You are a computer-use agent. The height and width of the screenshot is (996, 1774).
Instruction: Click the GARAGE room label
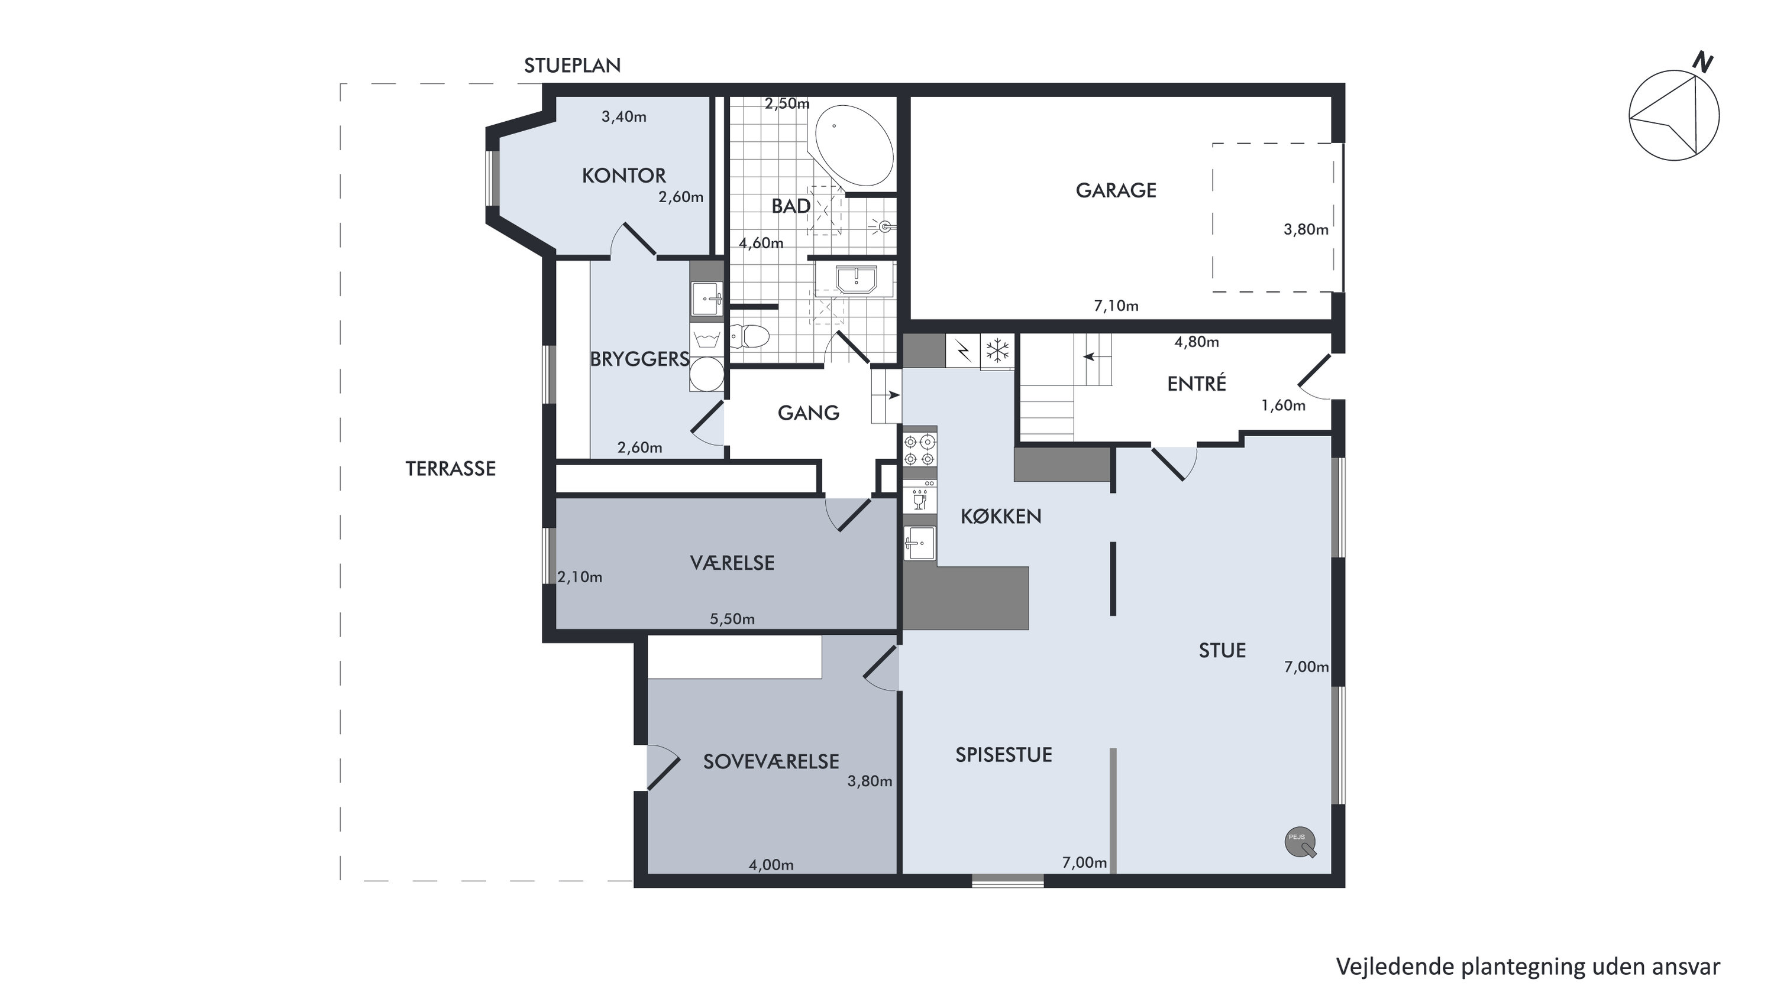[1116, 190]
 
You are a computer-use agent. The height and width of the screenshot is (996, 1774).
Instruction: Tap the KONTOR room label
[624, 176]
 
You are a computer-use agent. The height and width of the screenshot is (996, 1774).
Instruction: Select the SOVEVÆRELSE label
[771, 761]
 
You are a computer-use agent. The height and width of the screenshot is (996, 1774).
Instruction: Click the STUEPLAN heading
[572, 66]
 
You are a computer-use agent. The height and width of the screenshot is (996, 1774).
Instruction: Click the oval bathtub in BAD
[854, 145]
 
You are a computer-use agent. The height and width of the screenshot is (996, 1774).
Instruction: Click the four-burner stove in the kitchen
[920, 449]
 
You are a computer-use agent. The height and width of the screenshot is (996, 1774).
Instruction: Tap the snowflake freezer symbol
[997, 351]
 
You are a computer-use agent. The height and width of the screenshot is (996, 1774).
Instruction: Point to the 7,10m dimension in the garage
[1116, 306]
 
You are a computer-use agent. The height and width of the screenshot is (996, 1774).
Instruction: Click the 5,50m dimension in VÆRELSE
[732, 619]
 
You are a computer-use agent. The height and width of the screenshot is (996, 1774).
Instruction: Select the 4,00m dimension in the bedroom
[771, 865]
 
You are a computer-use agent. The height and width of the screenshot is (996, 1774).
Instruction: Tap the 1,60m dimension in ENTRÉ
[1283, 405]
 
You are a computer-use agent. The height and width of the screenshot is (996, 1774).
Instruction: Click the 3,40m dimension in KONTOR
[624, 116]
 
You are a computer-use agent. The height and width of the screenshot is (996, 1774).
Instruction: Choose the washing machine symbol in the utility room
[706, 339]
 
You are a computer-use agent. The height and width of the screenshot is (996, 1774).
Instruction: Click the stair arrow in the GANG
[894, 395]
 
